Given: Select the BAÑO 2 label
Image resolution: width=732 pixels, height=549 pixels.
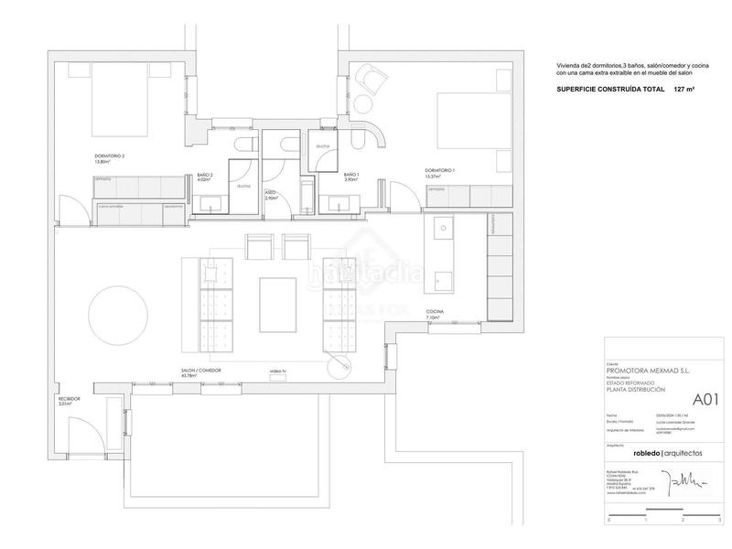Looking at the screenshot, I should point(205,176).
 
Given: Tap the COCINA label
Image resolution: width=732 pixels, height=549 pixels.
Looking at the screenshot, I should point(435,313).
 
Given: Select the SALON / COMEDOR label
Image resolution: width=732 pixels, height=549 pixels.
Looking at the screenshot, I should point(201,371).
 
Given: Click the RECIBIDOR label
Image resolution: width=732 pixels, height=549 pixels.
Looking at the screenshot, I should point(70,400).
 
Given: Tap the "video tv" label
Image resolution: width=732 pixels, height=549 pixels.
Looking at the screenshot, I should point(277,371).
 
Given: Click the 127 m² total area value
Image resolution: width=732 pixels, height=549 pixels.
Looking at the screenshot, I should point(684,90).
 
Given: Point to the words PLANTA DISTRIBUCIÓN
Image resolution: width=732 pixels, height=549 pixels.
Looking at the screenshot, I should point(640,390).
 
